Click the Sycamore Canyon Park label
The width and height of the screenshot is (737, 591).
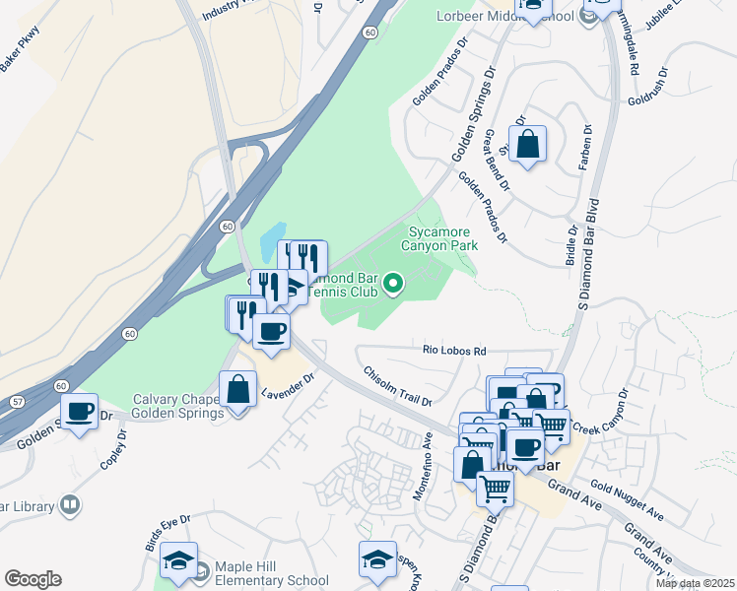[x=442, y=237]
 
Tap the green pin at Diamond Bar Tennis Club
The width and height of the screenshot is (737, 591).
[x=393, y=285]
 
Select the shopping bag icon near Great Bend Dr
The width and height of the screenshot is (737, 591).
[x=528, y=145]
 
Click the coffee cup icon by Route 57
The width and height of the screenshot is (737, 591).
[x=80, y=411]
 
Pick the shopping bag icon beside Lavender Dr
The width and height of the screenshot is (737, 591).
[x=237, y=389]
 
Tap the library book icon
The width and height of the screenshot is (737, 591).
[x=70, y=506]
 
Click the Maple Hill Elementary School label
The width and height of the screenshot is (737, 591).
[x=273, y=580]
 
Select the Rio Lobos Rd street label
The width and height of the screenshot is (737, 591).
[x=454, y=351]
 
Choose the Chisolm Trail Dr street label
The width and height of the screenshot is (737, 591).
[x=398, y=387]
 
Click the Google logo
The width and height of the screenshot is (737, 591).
[x=33, y=579]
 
